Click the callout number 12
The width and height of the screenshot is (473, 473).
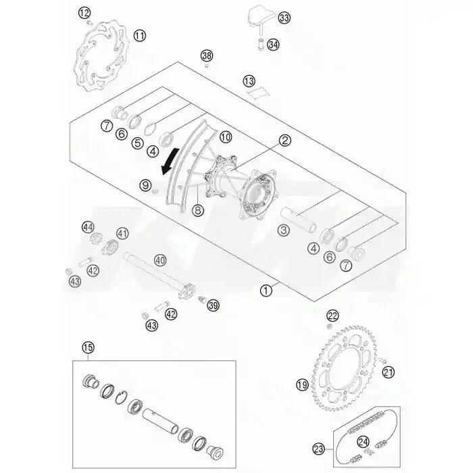(x=84, y=13)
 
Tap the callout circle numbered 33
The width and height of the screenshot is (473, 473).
(x=284, y=18)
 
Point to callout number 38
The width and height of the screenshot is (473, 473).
(x=207, y=56)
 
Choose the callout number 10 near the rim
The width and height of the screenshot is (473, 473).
(x=225, y=137)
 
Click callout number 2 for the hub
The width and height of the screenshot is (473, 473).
(x=284, y=141)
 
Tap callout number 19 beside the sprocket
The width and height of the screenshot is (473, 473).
(x=302, y=384)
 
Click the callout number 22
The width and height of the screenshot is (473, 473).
(x=332, y=316)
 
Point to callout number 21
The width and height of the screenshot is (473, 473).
(x=389, y=372)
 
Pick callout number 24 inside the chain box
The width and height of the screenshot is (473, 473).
(x=363, y=442)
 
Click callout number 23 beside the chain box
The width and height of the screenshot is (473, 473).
(x=318, y=449)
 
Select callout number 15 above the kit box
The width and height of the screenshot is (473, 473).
(x=88, y=347)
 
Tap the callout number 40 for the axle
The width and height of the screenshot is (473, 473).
(x=160, y=260)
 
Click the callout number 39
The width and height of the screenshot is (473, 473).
(x=214, y=305)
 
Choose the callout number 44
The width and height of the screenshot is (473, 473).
(x=88, y=227)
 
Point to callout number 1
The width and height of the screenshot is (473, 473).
(x=266, y=291)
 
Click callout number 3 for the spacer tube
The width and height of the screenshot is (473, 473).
(x=283, y=230)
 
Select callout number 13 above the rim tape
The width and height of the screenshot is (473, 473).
(x=249, y=81)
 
